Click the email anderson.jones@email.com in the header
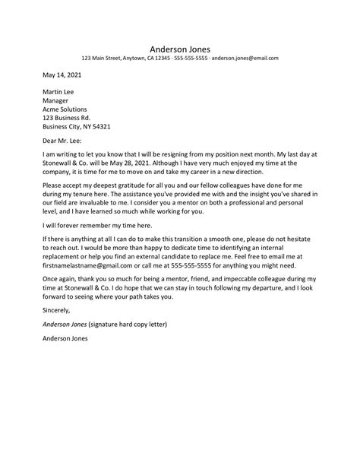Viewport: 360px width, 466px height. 245,58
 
